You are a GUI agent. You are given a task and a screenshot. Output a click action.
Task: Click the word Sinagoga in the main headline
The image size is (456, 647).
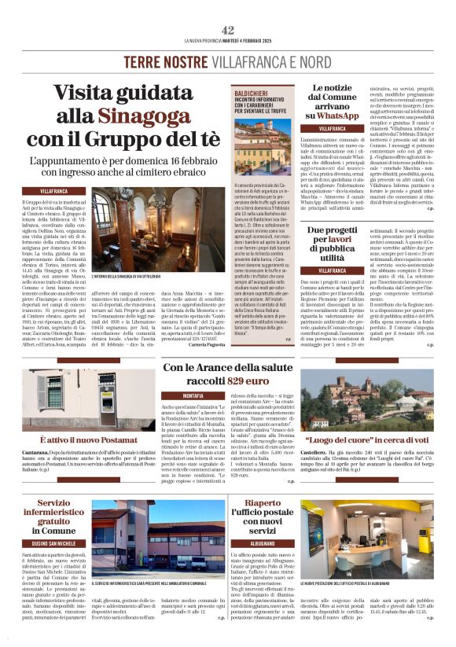pos(135,116)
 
